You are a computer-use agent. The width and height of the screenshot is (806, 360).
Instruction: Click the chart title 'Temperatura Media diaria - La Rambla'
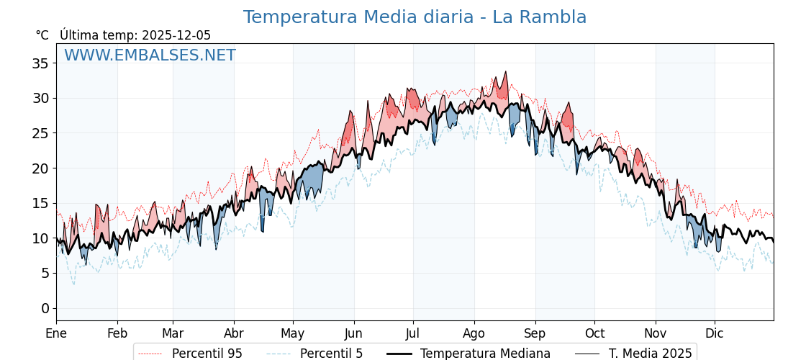click(x=415, y=17)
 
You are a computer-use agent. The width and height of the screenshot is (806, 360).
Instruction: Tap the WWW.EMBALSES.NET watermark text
click(x=150, y=55)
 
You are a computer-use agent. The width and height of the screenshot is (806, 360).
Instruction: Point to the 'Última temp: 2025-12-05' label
click(x=135, y=35)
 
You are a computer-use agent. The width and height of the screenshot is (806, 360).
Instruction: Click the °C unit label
click(x=42, y=35)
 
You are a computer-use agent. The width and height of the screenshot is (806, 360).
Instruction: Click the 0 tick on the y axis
click(x=45, y=308)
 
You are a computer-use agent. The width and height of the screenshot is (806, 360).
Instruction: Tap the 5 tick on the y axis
click(x=45, y=273)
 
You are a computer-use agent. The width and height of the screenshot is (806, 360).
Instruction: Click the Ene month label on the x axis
click(x=56, y=333)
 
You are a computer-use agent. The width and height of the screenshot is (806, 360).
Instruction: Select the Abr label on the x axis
click(x=234, y=333)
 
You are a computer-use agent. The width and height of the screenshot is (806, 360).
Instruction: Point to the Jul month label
click(x=413, y=333)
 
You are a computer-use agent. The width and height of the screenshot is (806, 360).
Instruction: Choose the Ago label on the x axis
click(x=474, y=333)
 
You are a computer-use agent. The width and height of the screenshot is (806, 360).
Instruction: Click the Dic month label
click(x=715, y=333)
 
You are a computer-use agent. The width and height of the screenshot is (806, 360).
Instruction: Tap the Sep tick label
click(x=535, y=333)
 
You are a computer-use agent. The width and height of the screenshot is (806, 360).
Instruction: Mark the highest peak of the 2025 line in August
click(x=506, y=72)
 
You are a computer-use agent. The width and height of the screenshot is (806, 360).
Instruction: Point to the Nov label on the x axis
click(x=656, y=333)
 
